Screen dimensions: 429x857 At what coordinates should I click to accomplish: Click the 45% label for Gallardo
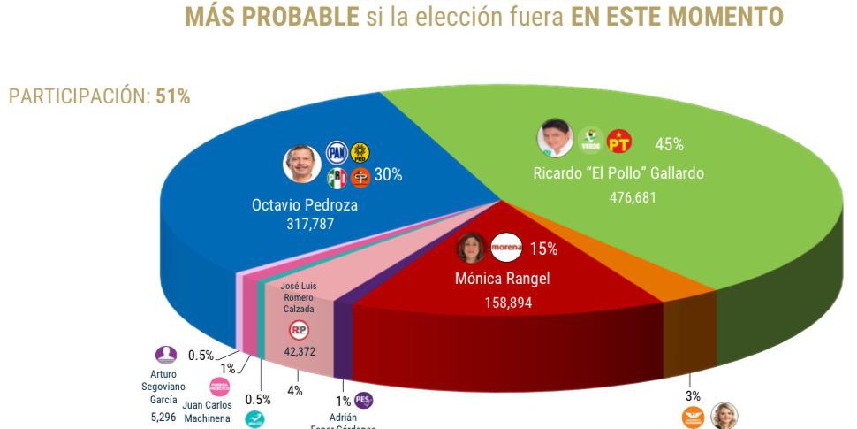pos(669,144)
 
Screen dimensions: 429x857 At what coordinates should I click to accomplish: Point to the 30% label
pos(388,175)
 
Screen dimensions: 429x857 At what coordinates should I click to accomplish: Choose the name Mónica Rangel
pos(504,279)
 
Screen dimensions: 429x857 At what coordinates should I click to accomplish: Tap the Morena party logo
pos(506,247)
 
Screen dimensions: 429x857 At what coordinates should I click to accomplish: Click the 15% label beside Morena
pos(543,249)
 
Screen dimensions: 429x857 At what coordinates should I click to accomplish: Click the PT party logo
pos(619,141)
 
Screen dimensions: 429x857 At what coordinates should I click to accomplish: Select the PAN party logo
pos(337,153)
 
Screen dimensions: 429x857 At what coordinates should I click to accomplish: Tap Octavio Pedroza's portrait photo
pos(301,165)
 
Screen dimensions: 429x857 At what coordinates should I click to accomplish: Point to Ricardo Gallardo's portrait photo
pos(555,138)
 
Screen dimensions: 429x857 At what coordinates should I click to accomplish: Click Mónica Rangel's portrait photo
pos(471,249)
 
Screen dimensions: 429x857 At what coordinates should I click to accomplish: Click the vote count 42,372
pos(299,351)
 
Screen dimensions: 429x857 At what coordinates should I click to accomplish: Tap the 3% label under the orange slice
pos(693,395)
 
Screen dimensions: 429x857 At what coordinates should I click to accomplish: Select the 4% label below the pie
pos(294,390)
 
